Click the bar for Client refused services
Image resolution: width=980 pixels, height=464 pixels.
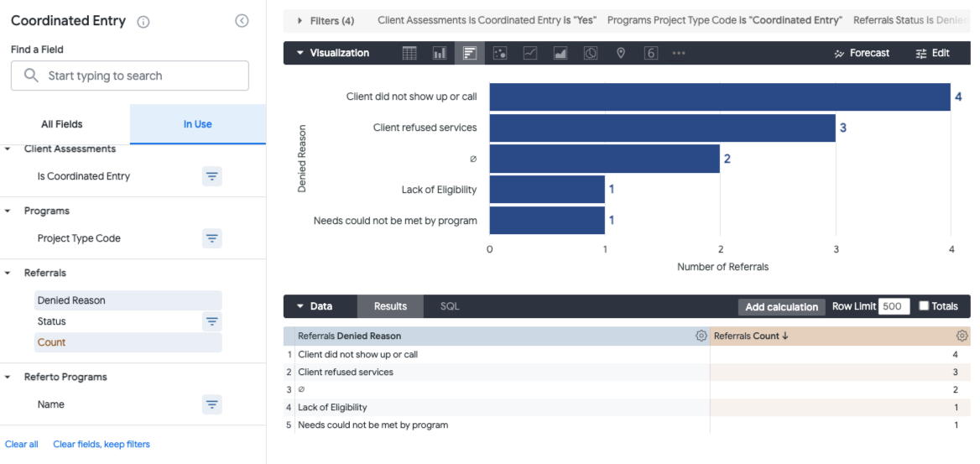click(662, 128)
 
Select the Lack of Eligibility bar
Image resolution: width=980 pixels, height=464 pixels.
click(547, 189)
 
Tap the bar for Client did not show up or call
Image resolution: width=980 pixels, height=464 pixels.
click(719, 97)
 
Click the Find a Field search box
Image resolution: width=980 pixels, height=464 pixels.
click(130, 76)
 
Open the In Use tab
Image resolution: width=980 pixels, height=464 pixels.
click(197, 124)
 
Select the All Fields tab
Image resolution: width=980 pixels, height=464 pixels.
click(62, 124)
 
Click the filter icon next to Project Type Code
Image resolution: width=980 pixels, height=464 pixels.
click(212, 238)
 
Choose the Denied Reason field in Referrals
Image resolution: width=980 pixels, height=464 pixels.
click(71, 300)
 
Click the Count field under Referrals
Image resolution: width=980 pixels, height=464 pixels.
click(51, 342)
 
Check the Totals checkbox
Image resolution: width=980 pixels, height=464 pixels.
click(924, 306)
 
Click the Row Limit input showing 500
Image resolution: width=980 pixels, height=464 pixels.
click(894, 306)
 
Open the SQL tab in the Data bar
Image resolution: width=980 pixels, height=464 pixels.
click(450, 306)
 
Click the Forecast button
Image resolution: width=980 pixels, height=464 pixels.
click(862, 53)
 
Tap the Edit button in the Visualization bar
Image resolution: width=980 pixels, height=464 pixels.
click(932, 53)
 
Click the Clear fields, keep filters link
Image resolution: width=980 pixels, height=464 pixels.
click(102, 444)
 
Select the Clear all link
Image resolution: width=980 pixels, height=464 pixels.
click(22, 444)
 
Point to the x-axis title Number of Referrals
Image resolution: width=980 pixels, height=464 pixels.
click(722, 267)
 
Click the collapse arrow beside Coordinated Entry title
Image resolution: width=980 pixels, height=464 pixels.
click(242, 21)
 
